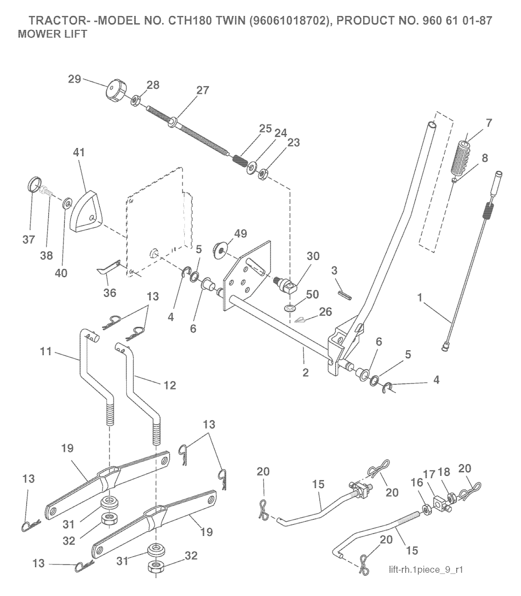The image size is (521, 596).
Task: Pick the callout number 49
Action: pyautogui.click(x=240, y=233)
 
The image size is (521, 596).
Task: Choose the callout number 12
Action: pyautogui.click(x=169, y=386)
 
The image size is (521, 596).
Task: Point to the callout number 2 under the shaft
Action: pyautogui.click(x=305, y=372)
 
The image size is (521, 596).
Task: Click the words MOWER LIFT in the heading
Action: pyautogui.click(x=52, y=35)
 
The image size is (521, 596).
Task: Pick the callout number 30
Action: pyautogui.click(x=313, y=257)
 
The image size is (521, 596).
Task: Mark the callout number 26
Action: pyautogui.click(x=326, y=311)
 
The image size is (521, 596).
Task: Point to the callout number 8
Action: pyautogui.click(x=484, y=158)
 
